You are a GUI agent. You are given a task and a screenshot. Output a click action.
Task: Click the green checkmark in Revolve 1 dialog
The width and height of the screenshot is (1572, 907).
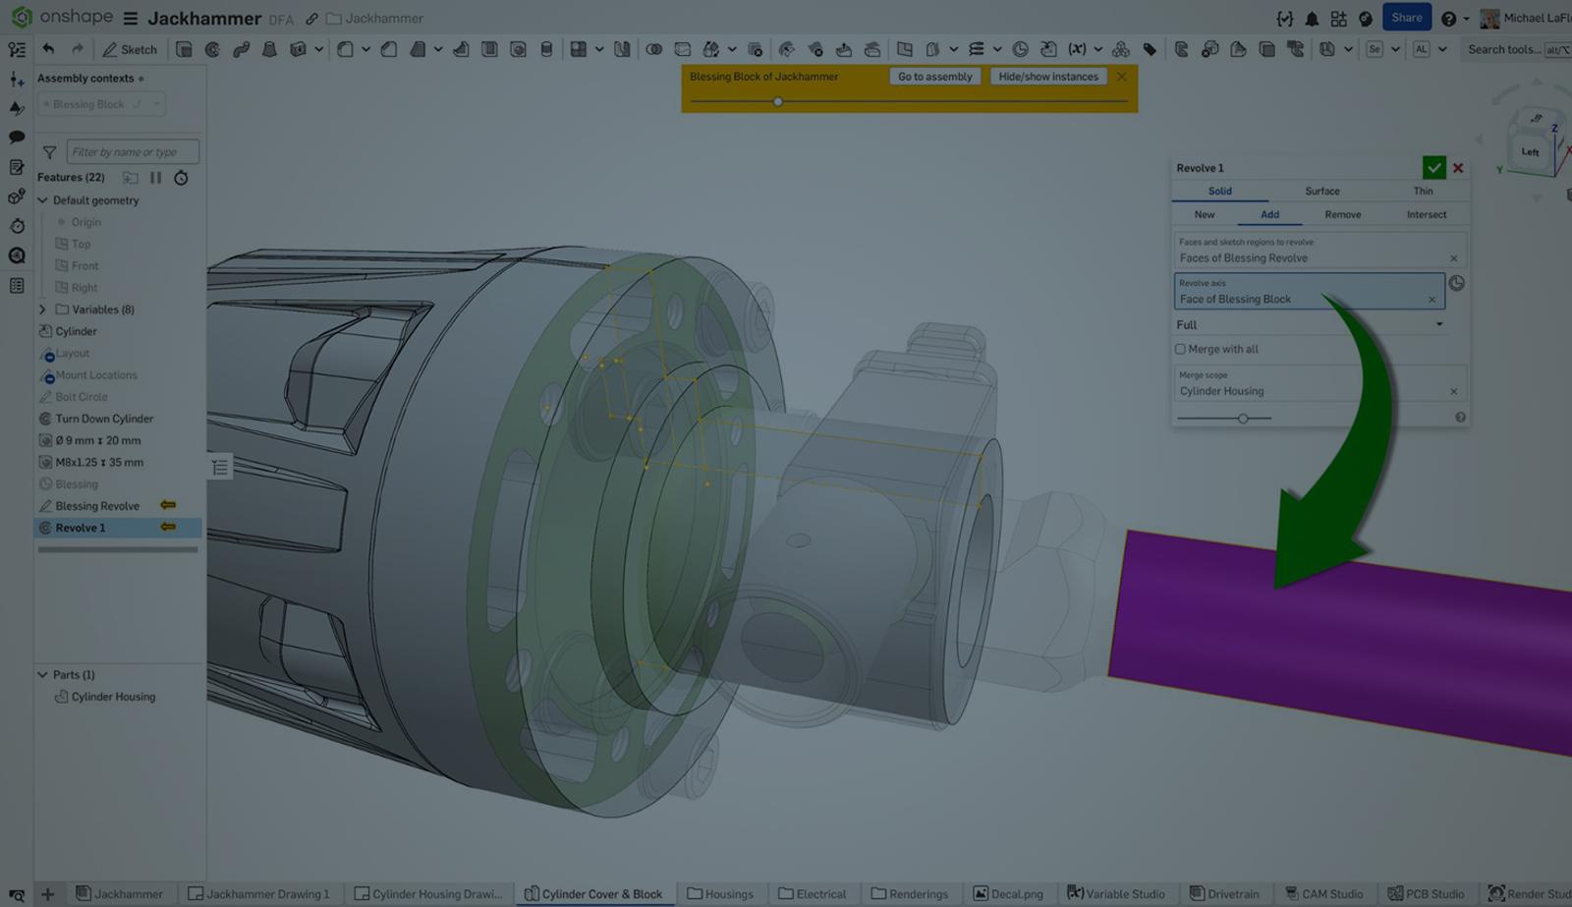click(x=1433, y=168)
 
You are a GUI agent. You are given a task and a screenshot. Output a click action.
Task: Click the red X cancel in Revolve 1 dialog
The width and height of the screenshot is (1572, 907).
click(x=1458, y=168)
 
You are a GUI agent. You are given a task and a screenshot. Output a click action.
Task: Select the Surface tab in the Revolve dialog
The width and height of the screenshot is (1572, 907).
click(x=1321, y=191)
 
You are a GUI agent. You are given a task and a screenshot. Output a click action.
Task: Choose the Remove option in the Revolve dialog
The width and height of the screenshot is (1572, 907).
click(x=1342, y=214)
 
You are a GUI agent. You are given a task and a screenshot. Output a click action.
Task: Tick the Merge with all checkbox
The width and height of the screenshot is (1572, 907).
click(x=1180, y=349)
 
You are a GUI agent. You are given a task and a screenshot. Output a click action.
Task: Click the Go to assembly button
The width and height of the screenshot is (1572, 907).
click(x=934, y=77)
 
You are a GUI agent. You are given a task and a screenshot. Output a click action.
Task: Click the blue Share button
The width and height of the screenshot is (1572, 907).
click(x=1406, y=18)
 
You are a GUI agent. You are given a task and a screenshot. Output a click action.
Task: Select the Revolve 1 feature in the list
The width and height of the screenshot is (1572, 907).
click(x=81, y=528)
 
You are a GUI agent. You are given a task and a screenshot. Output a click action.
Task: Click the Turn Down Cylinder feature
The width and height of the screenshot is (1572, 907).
click(x=104, y=419)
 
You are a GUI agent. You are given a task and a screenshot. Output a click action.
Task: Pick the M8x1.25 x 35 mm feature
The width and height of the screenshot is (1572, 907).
click(x=99, y=462)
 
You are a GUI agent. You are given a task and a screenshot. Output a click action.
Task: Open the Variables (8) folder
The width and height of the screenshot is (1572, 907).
click(x=42, y=310)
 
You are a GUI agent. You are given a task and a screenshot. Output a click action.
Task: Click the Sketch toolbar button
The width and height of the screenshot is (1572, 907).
click(x=130, y=49)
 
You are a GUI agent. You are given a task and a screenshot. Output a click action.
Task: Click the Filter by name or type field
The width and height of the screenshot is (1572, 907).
click(x=132, y=151)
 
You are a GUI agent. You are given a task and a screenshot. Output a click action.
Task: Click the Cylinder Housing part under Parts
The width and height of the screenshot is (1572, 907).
click(x=113, y=697)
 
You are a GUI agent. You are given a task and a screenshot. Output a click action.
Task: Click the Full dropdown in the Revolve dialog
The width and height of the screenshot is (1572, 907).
click(x=1310, y=324)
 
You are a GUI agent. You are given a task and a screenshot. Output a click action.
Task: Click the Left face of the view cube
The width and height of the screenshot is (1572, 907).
click(x=1530, y=151)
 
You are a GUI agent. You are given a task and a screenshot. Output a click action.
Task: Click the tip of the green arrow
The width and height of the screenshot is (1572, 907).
click(x=1277, y=587)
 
